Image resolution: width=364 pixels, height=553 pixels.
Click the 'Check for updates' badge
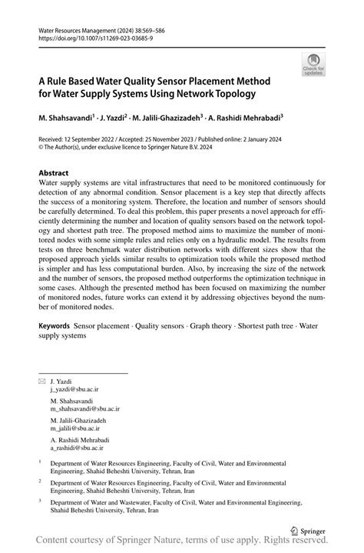point(313,64)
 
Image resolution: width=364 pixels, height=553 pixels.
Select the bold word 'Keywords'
point(58,326)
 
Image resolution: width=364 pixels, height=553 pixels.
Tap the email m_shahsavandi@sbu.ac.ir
point(85,409)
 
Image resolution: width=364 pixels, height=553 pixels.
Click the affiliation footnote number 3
point(40,499)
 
